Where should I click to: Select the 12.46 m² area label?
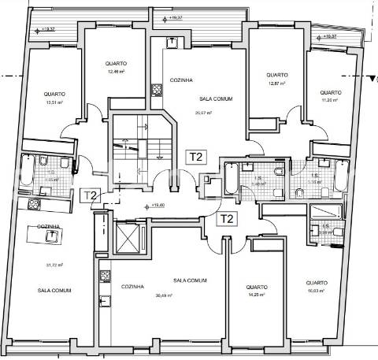click(x=117, y=72)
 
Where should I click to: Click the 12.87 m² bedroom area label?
click(x=276, y=84)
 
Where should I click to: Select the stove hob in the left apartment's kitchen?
click(x=35, y=204)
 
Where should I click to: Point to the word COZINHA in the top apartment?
click(x=183, y=80)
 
